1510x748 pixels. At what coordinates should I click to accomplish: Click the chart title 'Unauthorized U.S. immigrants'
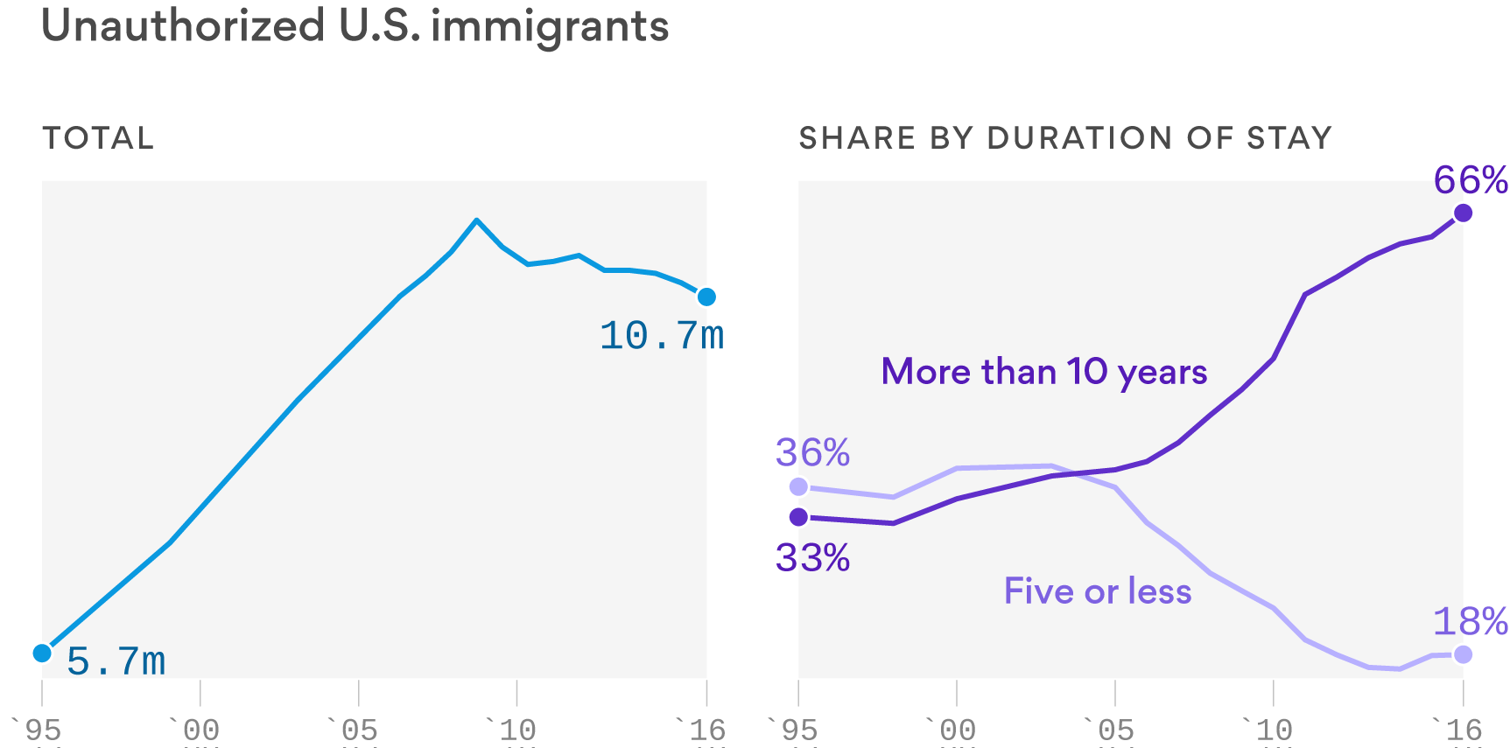point(355,26)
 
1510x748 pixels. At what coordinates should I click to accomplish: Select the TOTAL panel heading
point(98,138)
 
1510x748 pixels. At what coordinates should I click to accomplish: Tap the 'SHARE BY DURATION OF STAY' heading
point(1064,138)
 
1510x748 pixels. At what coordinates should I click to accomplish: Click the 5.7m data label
point(116,661)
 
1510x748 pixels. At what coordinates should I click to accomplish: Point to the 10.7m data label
point(662,336)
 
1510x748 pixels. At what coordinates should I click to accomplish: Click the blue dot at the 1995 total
point(42,654)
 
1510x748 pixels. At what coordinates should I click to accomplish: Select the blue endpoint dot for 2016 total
point(706,297)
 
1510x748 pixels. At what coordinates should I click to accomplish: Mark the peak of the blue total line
point(476,220)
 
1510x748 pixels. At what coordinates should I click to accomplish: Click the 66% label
point(1470,180)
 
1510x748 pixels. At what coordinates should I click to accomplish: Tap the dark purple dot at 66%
point(1463,213)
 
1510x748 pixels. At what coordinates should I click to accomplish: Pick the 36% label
point(812,452)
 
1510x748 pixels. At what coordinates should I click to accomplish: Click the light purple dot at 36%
point(798,486)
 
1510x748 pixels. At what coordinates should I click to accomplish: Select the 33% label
point(812,557)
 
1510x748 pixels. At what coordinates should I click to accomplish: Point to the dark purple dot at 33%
point(798,517)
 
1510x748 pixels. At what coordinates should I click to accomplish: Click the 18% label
point(1470,621)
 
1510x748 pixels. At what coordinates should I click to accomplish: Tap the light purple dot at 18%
point(1463,654)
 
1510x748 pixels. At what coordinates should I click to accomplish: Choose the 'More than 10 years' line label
point(1043,372)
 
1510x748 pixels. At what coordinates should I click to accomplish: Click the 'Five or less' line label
point(1097,591)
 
